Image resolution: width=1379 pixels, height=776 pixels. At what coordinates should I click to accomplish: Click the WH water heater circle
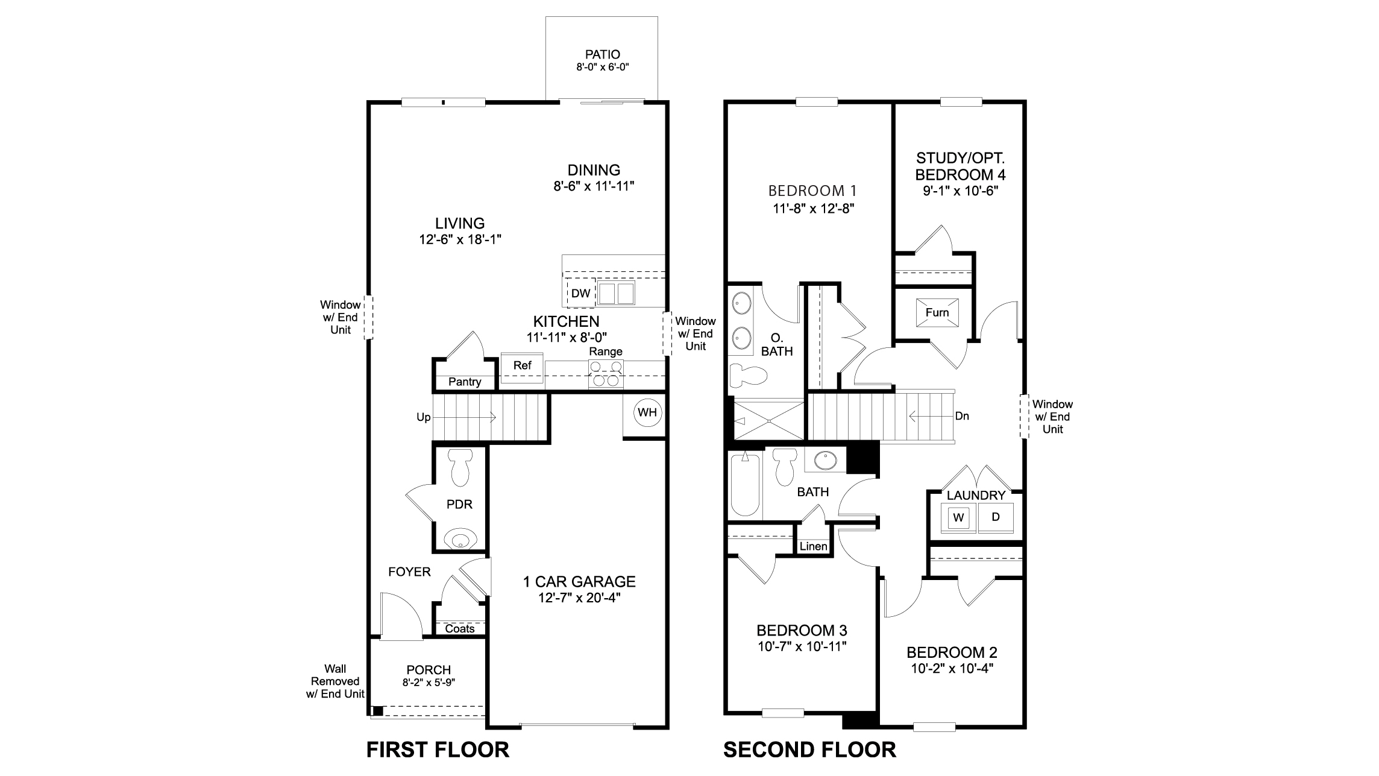(x=647, y=413)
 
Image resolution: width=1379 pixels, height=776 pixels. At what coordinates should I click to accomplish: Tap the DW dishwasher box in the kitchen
(x=580, y=294)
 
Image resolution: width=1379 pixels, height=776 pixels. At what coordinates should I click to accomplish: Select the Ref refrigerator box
(x=522, y=365)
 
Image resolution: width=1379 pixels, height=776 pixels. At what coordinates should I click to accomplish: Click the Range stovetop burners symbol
(x=606, y=373)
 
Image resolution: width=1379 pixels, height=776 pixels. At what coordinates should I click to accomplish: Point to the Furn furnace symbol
(x=937, y=312)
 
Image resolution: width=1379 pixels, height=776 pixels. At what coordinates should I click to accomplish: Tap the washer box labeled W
(x=959, y=517)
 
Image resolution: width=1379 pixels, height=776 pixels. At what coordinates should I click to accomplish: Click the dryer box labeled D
(x=996, y=517)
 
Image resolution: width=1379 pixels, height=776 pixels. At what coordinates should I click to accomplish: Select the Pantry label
(x=465, y=382)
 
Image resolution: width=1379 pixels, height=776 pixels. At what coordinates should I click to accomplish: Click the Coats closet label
(x=459, y=629)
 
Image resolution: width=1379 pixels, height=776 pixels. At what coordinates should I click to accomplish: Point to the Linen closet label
(x=813, y=546)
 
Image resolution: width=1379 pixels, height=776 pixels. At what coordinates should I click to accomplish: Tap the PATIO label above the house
(x=602, y=55)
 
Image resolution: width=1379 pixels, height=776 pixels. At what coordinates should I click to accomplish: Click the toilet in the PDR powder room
(x=460, y=469)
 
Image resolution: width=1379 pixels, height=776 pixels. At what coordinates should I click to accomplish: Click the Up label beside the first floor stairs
(x=423, y=417)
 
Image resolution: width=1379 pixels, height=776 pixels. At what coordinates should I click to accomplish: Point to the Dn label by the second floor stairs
(x=962, y=416)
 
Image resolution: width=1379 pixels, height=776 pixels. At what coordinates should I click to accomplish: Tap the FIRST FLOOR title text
(x=438, y=749)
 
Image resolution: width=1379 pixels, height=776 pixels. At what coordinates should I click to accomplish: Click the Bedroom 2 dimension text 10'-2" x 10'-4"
(x=952, y=668)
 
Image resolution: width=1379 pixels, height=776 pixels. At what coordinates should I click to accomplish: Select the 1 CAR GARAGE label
(x=579, y=581)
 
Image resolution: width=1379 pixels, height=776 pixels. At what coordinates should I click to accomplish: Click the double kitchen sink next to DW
(x=616, y=294)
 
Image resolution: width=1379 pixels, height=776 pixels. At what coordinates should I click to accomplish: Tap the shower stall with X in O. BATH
(x=768, y=420)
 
